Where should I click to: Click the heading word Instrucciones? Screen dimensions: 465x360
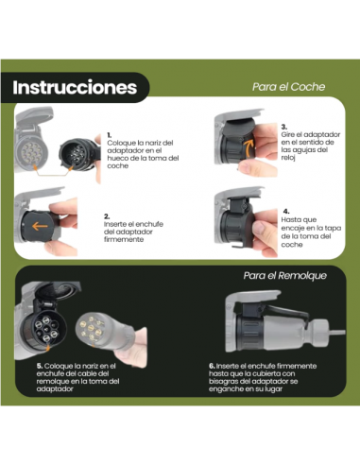coord(76,88)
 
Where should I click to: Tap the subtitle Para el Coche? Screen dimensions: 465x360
coord(288,86)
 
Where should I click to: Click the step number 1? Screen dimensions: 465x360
coord(110,135)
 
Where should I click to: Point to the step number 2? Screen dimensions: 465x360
coord(108,216)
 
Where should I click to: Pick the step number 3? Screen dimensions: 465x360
coord(284,126)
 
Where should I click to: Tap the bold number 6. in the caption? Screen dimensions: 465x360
coord(212,364)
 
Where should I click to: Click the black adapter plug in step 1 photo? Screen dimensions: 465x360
coord(76,149)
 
